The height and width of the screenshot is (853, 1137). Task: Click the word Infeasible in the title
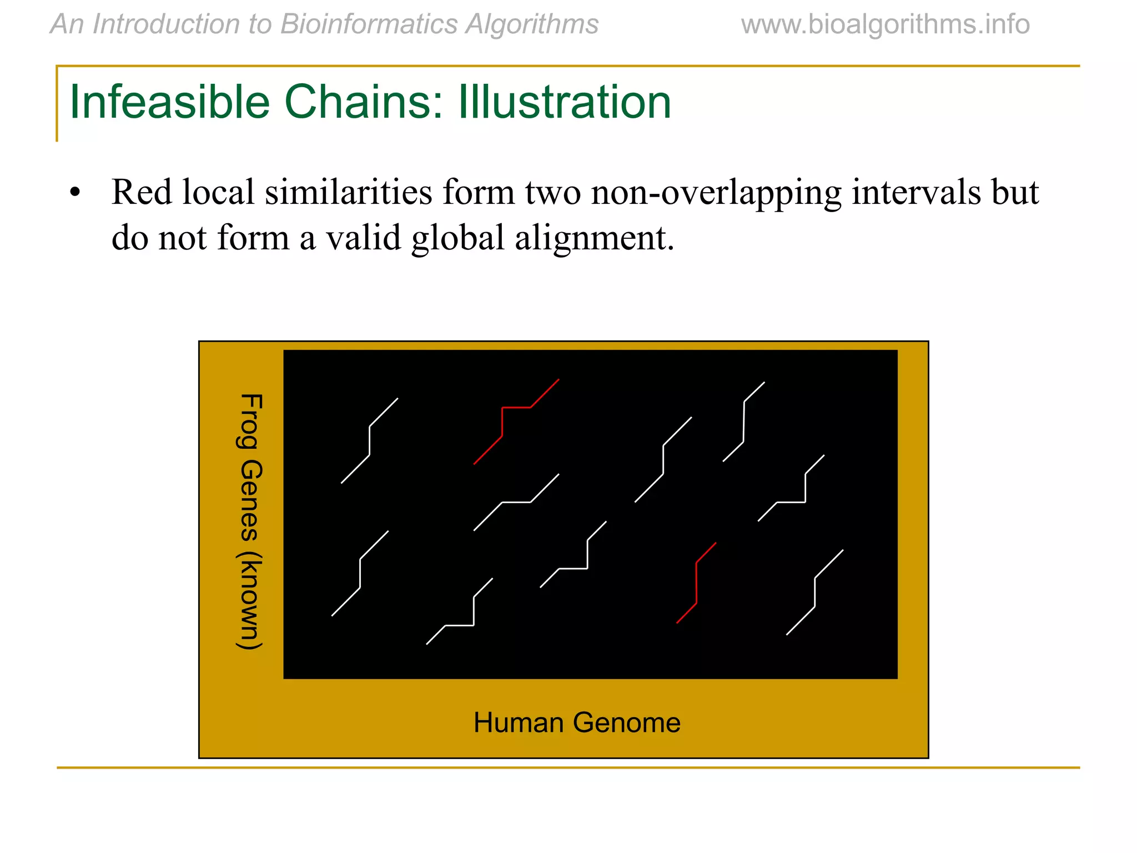point(169,102)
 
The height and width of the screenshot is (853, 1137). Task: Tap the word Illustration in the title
point(565,102)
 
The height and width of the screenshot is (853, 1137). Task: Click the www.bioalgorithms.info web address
point(885,24)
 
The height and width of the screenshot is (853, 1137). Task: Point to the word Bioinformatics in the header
point(368,24)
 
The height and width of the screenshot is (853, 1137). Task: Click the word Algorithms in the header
point(532,24)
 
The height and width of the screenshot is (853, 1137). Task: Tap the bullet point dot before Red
point(76,193)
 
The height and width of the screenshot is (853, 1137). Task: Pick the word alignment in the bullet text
point(594,238)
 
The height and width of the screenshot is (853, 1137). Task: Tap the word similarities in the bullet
point(348,192)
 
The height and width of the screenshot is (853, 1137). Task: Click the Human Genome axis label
point(577,722)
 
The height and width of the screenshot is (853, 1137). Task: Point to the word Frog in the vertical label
point(250,420)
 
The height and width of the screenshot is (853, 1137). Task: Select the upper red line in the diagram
point(502,422)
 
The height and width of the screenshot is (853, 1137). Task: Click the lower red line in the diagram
point(696,583)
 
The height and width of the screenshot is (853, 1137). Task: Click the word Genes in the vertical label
point(250,500)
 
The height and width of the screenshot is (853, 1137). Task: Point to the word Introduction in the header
point(182,24)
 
